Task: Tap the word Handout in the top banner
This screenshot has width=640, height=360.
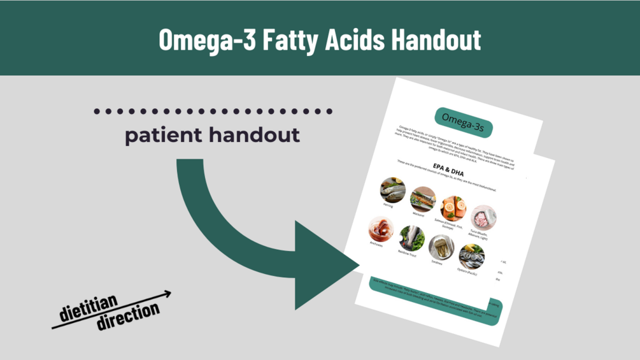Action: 436,40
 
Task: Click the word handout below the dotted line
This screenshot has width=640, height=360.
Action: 259,135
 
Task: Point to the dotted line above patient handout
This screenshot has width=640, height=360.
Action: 213,112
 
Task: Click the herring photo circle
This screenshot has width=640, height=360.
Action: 393,189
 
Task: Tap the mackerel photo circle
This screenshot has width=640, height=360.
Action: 423,199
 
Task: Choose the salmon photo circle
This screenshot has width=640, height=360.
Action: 453,209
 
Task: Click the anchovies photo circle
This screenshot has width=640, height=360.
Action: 380,229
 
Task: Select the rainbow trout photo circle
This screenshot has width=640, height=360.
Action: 411,238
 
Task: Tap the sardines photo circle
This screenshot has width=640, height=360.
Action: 441,248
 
